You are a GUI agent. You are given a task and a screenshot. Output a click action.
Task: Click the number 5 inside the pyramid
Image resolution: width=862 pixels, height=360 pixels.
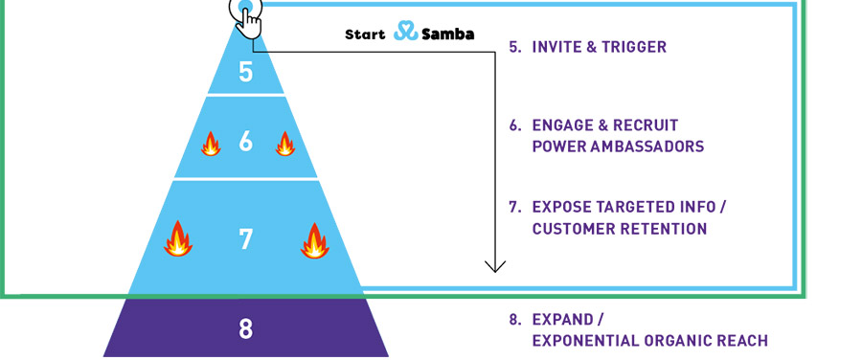(246, 72)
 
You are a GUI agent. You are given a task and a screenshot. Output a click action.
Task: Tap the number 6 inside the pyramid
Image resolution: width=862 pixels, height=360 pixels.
(246, 142)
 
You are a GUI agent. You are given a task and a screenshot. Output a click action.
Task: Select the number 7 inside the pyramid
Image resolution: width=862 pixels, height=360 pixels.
(246, 239)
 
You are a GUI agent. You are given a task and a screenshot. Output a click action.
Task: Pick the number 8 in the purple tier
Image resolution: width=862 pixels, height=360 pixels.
(246, 328)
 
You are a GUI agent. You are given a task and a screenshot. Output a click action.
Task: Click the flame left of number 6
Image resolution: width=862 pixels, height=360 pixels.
(211, 144)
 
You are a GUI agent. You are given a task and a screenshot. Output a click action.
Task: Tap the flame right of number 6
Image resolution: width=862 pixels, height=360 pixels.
(284, 144)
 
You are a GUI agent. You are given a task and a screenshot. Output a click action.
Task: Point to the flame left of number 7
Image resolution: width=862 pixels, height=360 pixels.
(178, 239)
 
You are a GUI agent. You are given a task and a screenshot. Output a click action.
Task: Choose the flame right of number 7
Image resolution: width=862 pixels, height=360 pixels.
(315, 240)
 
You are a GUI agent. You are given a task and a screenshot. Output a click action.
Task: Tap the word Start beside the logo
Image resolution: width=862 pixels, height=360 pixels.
(365, 34)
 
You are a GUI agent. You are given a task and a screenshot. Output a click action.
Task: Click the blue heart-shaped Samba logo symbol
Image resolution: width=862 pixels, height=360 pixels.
(406, 31)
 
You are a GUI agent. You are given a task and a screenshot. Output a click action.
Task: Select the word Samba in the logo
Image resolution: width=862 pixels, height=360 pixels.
(448, 34)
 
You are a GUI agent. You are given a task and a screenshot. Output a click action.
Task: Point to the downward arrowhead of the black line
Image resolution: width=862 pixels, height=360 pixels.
(495, 266)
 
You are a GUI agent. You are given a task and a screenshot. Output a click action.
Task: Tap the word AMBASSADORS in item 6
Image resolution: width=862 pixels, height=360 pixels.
(647, 146)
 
